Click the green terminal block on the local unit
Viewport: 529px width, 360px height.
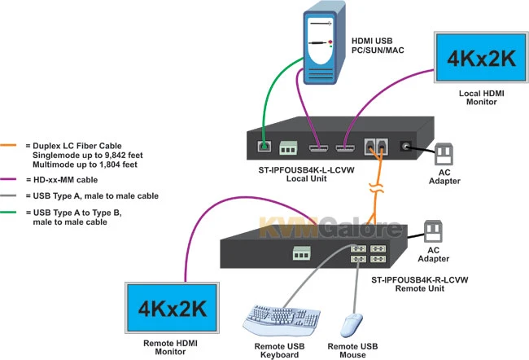[x=288, y=149]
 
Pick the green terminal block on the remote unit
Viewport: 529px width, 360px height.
[x=302, y=254]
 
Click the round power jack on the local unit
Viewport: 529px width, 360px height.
[x=404, y=147]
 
